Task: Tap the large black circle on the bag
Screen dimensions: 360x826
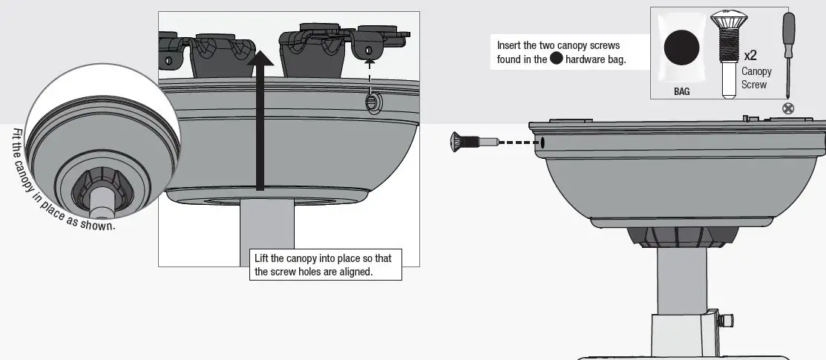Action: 681,50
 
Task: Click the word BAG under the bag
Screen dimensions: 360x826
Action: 681,92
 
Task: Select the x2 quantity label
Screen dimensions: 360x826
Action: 750,56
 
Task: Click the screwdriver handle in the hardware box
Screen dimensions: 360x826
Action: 789,30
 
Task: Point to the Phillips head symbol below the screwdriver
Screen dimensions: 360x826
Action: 788,108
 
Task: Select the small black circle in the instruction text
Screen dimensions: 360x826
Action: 556,59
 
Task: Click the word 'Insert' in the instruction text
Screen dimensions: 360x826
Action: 510,45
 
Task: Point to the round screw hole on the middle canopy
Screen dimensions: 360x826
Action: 371,103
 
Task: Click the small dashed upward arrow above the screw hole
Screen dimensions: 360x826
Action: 369,74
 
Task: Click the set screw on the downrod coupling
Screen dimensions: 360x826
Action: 728,321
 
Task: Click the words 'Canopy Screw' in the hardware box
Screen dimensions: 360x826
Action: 756,78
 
